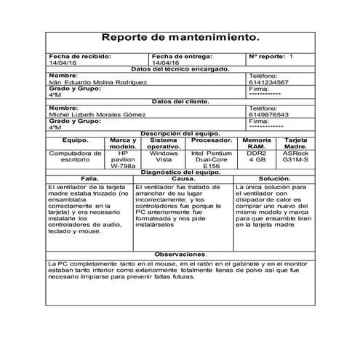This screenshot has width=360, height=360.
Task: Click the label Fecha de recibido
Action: pyautogui.click(x=79, y=56)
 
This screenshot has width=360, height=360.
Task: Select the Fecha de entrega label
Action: pyautogui.click(x=183, y=56)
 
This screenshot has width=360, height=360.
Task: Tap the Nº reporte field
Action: pyautogui.click(x=271, y=56)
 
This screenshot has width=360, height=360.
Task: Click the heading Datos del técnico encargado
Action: pyautogui.click(x=180, y=69)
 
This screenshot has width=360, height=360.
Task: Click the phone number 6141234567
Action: pyautogui.click(x=268, y=82)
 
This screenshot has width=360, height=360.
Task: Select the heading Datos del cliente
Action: pyautogui.click(x=180, y=101)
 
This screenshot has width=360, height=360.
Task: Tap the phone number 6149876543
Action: pyautogui.click(x=268, y=114)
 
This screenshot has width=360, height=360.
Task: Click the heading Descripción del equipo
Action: pyautogui.click(x=180, y=133)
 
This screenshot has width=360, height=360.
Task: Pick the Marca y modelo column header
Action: pyautogui.click(x=123, y=143)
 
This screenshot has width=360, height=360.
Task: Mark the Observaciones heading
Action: pyautogui.click(x=180, y=253)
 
